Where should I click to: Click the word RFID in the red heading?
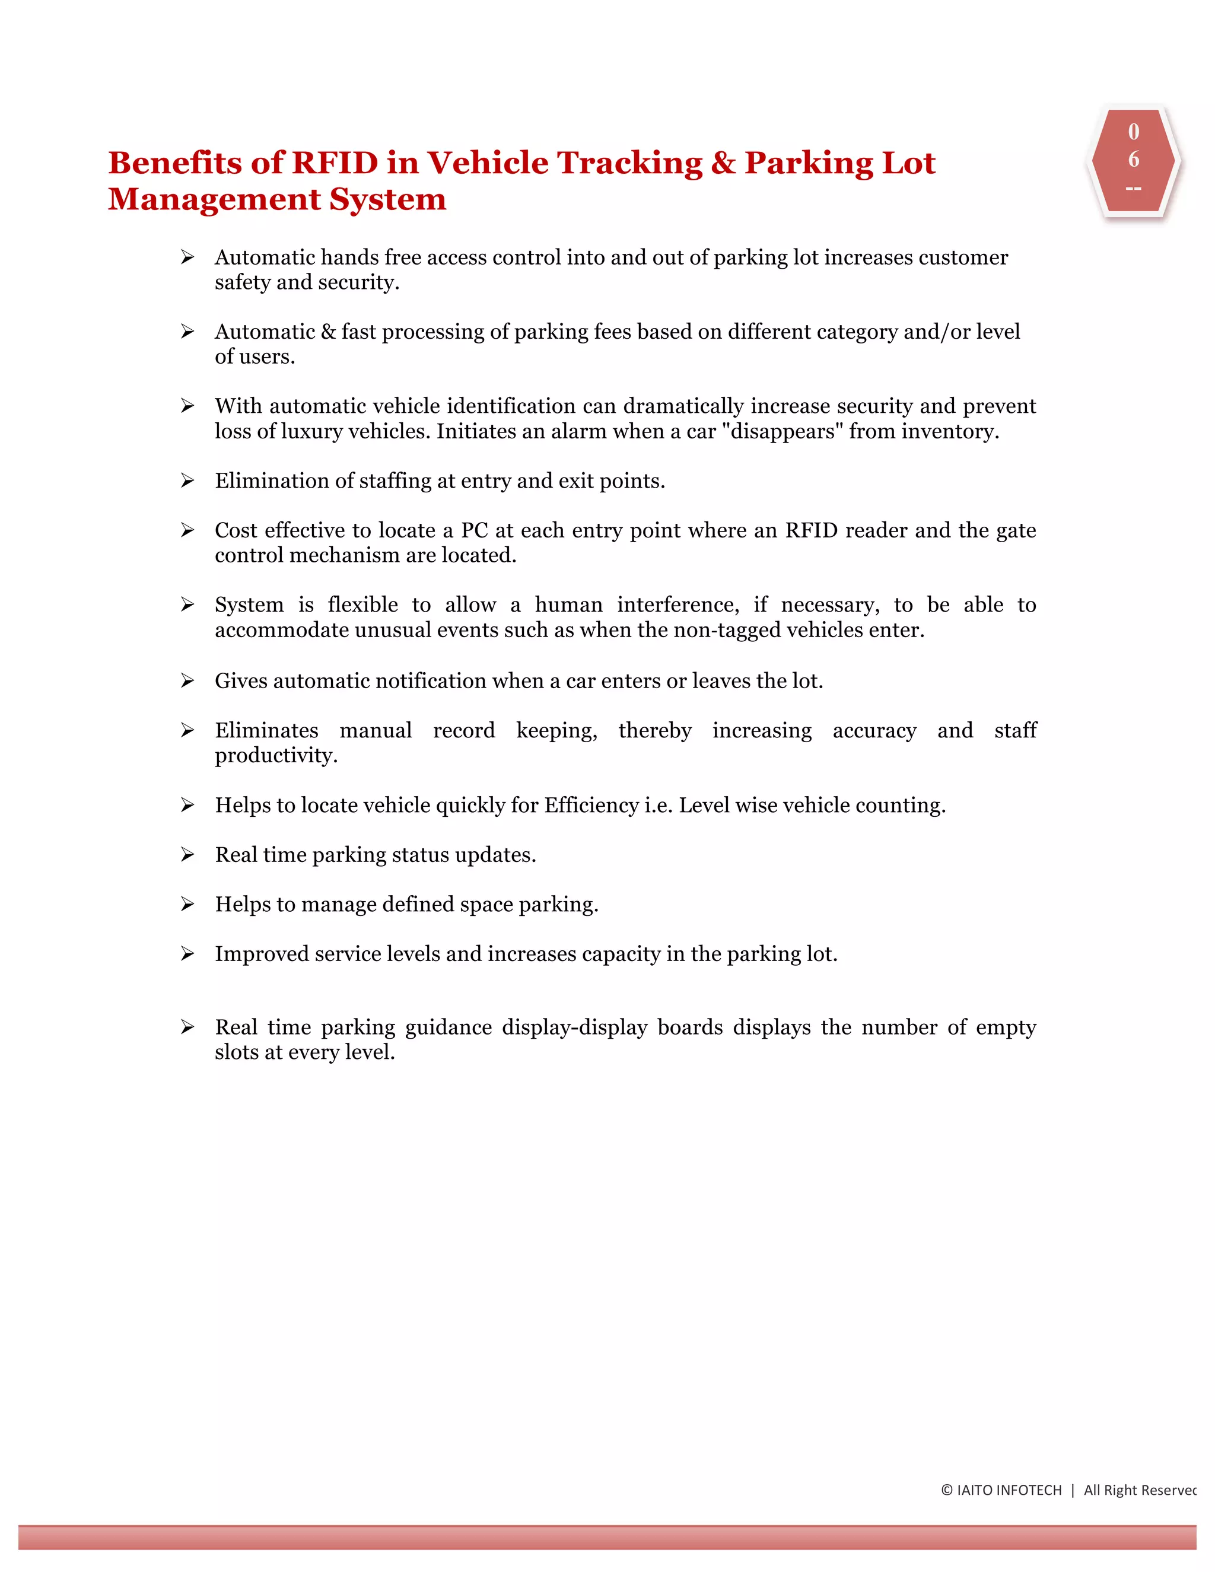pos(334,163)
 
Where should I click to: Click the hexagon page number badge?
pos(1133,161)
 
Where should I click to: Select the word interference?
pos(678,604)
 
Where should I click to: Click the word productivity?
pos(276,756)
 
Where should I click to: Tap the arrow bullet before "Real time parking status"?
pos(187,855)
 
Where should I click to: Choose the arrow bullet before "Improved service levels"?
pos(187,954)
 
